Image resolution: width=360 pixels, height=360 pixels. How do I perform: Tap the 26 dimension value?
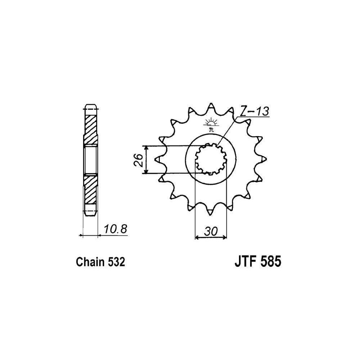point(139,160)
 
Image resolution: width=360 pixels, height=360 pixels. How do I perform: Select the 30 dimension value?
point(210,231)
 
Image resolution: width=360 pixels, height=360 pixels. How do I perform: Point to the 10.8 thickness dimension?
point(115,229)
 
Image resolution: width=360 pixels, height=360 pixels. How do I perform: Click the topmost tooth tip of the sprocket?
point(211,104)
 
